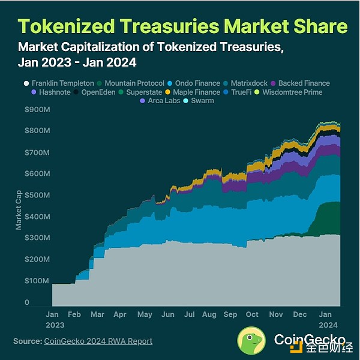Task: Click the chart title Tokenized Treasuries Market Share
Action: [x=182, y=26]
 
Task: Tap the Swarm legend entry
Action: [x=204, y=101]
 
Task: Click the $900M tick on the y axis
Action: [x=36, y=110]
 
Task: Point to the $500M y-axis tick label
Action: [x=36, y=195]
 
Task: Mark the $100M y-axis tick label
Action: [x=36, y=281]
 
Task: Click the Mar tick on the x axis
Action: [x=97, y=314]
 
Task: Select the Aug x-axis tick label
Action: [x=209, y=314]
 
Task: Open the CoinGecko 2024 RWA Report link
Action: [x=98, y=341]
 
